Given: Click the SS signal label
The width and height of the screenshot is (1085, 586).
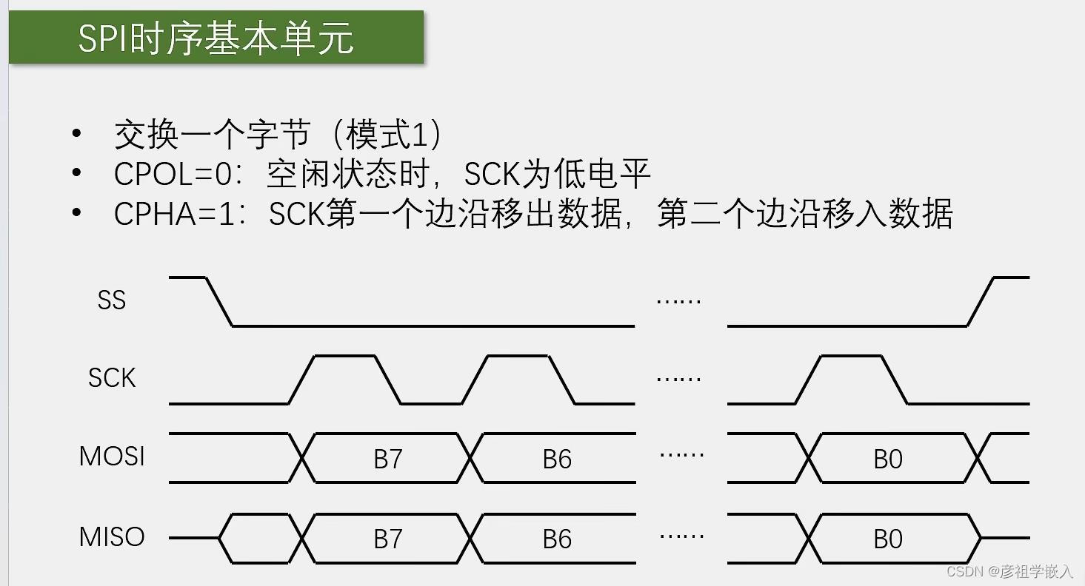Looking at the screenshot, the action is (111, 300).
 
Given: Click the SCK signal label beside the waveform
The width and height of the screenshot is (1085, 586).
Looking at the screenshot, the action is (112, 378).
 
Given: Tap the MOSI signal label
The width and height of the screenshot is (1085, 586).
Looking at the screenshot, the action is (112, 456).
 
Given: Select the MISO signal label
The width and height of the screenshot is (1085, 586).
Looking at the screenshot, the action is (112, 536).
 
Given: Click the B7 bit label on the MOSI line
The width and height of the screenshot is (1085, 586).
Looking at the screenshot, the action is (387, 459).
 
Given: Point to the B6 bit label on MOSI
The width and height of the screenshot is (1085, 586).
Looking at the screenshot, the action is (557, 459).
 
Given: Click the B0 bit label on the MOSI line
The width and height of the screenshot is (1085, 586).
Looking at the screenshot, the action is (888, 459).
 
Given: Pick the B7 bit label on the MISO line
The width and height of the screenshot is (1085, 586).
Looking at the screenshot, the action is (387, 539).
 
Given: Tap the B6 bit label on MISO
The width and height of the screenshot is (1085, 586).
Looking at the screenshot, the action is (557, 539).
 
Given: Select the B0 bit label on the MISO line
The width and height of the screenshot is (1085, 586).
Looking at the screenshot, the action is (888, 539).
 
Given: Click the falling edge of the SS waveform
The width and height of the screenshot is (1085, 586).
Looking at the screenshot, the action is (218, 301).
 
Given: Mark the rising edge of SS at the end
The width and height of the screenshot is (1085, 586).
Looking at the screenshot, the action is (981, 301).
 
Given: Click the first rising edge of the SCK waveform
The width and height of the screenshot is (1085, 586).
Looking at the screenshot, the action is (301, 380).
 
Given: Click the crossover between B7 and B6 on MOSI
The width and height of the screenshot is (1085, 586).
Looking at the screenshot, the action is (471, 458).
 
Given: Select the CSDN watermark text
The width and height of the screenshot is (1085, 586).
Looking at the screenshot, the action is (1009, 572).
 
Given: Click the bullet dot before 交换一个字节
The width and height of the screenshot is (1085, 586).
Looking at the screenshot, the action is (76, 134).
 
